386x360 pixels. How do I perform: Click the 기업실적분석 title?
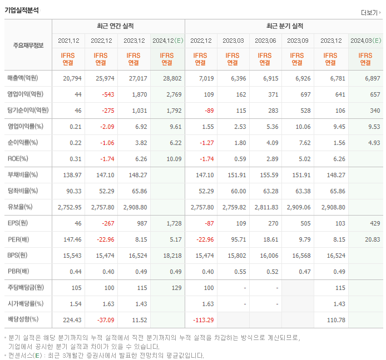(x=22, y=9)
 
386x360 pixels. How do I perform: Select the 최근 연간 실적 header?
(x=118, y=26)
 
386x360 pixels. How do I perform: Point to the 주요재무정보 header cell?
(x=28, y=45)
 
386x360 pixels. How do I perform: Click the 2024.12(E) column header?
(x=167, y=41)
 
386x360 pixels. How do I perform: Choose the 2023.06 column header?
(x=265, y=41)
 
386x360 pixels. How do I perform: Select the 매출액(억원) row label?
(x=26, y=78)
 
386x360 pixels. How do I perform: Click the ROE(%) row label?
(x=18, y=159)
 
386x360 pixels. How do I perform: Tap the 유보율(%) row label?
(x=20, y=207)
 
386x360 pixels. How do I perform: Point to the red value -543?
(x=104, y=94)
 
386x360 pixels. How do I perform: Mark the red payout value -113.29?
(x=202, y=320)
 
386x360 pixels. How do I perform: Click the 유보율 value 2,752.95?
(x=70, y=207)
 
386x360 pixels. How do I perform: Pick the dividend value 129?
(x=176, y=288)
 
